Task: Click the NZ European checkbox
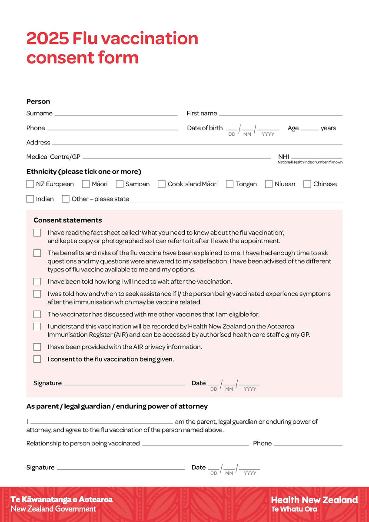pos(30,184)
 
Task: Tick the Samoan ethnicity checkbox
pos(120,184)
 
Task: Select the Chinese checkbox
pos(307,184)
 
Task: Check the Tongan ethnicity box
pos(230,184)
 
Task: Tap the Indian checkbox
pos(30,199)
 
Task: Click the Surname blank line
pos(116,114)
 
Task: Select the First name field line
pos(281,114)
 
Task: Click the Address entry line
pos(197,144)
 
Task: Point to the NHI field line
pos(317,158)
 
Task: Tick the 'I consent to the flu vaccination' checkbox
pos(37,359)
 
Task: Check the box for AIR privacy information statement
pos(37,347)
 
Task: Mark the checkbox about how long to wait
pos(37,282)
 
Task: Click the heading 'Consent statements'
pos(68,220)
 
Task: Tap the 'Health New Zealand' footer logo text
pos(314,500)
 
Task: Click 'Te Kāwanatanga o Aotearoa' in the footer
pos(62,499)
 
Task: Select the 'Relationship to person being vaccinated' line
pos(195,445)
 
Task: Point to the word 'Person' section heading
pos(38,101)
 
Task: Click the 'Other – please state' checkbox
pos(66,199)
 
